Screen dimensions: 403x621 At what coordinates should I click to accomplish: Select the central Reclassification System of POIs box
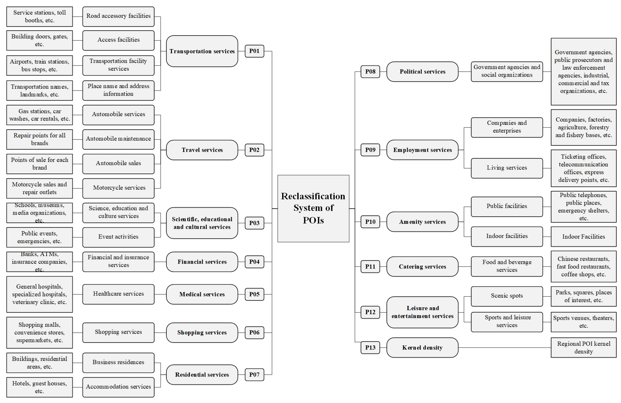point(313,208)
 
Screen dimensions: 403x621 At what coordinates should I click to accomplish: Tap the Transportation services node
point(202,51)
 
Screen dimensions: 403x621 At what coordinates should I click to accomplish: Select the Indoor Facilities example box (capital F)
point(583,237)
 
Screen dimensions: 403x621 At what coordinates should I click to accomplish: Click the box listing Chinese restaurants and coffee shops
point(583,267)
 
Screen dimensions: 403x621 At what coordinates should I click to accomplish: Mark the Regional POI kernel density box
point(583,347)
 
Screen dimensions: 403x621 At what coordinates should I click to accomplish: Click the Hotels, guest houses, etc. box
point(39,387)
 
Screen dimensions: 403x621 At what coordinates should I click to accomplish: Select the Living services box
point(507,168)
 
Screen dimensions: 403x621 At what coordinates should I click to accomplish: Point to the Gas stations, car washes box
point(39,115)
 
